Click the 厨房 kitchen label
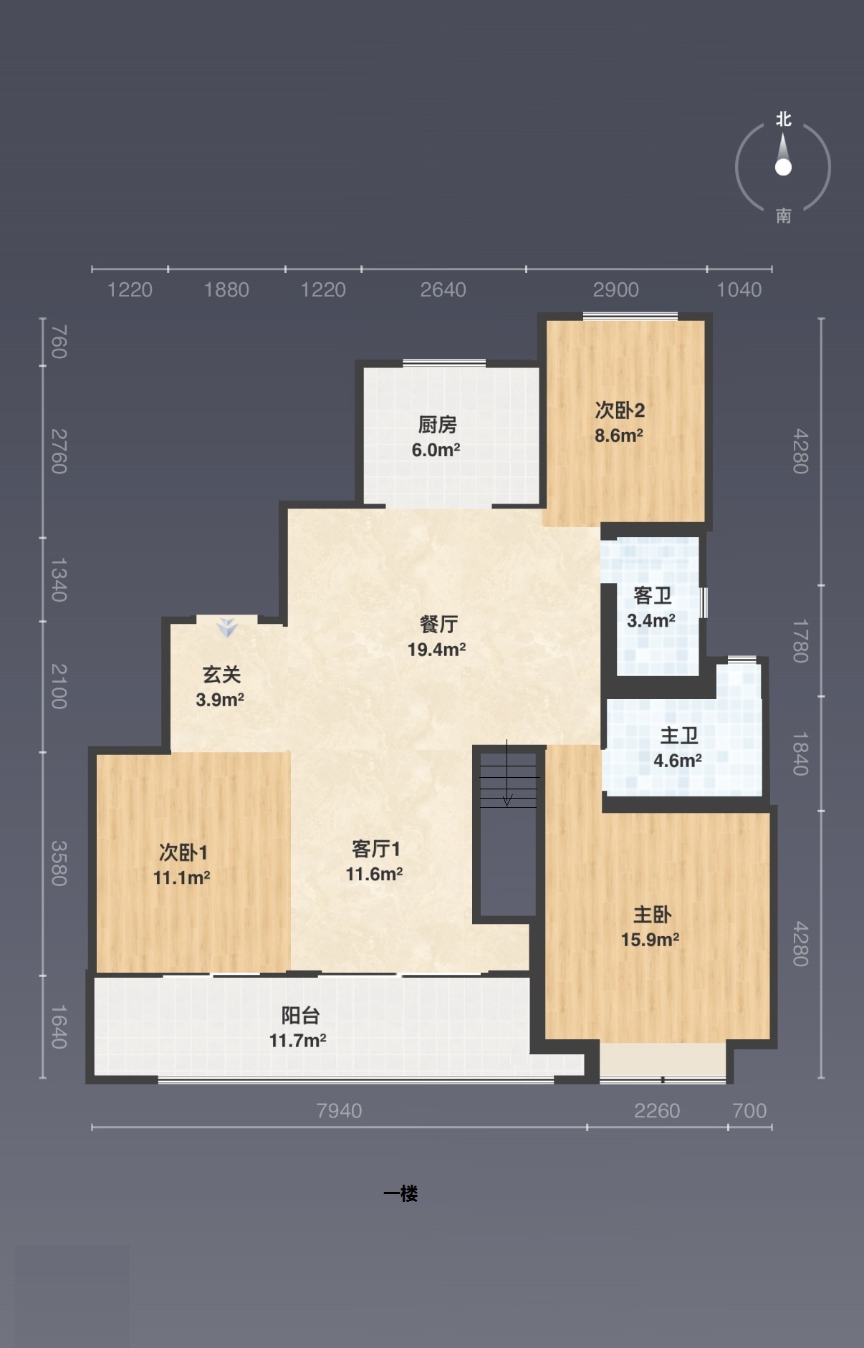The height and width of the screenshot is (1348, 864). (x=437, y=425)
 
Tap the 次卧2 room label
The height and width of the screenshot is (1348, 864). (x=620, y=410)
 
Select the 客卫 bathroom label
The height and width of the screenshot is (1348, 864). (x=653, y=595)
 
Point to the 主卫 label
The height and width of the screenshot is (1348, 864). (x=678, y=736)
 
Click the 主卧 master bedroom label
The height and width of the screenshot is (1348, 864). (x=652, y=915)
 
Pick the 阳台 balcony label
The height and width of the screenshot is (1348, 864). (x=300, y=1016)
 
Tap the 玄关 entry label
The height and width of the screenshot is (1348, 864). (x=221, y=675)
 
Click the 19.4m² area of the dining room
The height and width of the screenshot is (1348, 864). (x=436, y=650)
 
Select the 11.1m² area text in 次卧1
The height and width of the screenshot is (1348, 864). (x=181, y=877)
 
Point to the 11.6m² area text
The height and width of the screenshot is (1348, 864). (x=374, y=874)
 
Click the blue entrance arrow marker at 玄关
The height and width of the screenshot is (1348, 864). (x=228, y=628)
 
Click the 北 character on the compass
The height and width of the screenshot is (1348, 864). (x=783, y=120)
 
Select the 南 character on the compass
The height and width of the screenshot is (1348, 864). (x=783, y=216)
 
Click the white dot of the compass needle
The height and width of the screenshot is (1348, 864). (x=783, y=168)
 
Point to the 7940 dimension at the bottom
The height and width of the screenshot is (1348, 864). (x=339, y=1110)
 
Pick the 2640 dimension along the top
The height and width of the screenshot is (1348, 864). (x=443, y=289)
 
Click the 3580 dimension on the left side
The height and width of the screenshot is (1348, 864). (x=59, y=863)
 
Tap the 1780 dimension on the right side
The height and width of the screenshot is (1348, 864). (x=800, y=641)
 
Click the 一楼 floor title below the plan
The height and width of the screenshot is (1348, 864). (x=400, y=1193)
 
